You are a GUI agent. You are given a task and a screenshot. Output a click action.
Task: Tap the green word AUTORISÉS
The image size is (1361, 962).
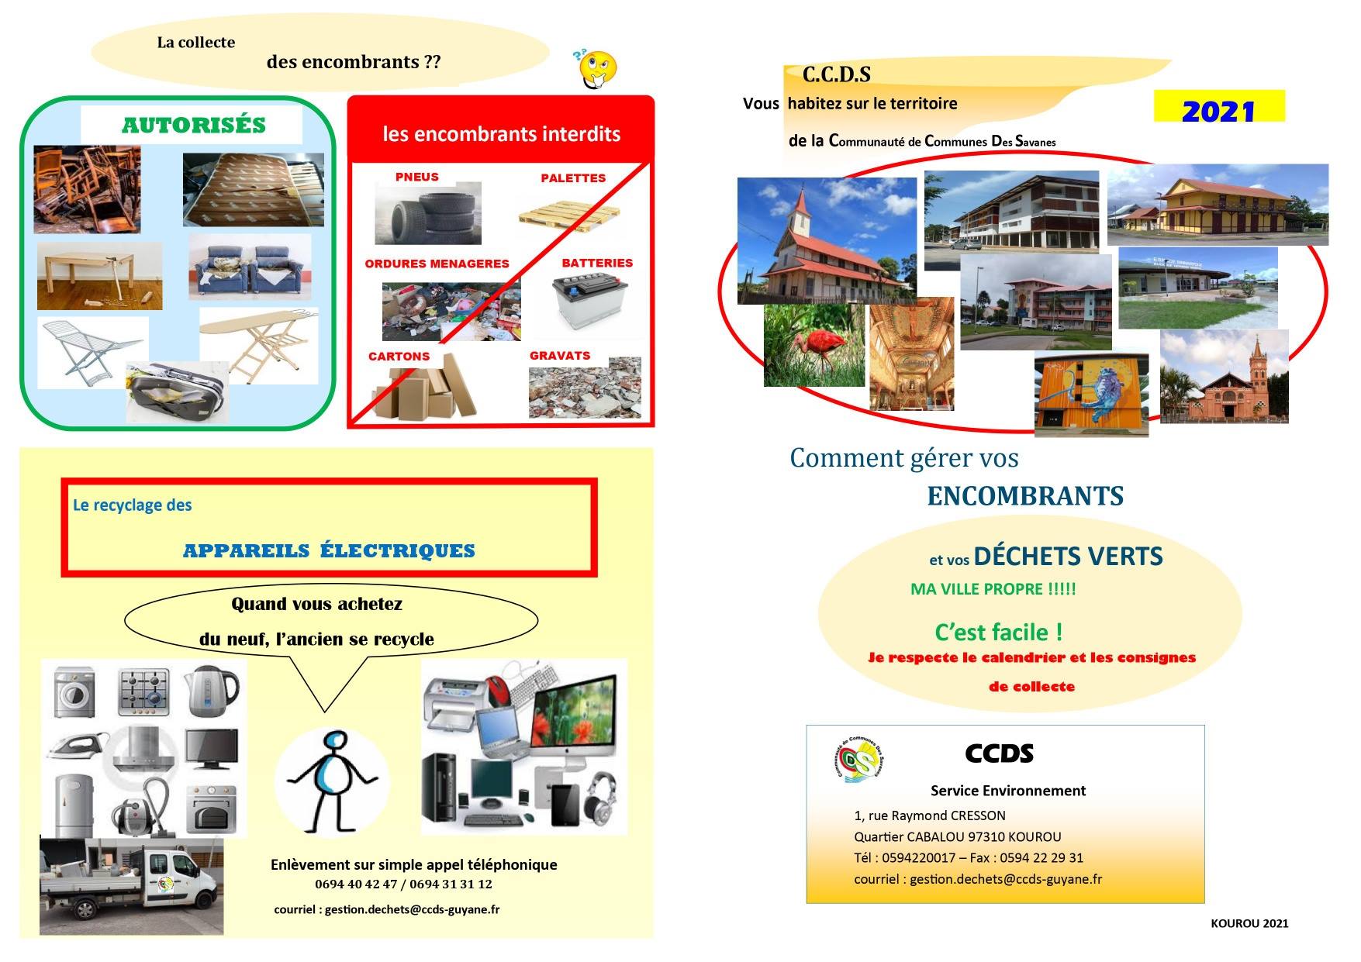tap(194, 125)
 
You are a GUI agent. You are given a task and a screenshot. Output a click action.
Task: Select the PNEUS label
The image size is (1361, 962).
tap(417, 177)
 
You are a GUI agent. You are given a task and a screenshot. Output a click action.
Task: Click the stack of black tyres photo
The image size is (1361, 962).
tap(428, 213)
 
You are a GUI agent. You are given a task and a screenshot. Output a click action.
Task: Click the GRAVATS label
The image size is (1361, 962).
tap(560, 355)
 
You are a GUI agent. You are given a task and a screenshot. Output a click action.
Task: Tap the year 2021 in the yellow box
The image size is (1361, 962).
tap(1218, 112)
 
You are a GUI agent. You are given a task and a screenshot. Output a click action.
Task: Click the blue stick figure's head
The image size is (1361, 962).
tap(336, 743)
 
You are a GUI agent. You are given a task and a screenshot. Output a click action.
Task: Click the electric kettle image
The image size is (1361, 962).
tap(212, 691)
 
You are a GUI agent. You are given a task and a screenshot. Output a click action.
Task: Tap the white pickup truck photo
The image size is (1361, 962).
tap(131, 885)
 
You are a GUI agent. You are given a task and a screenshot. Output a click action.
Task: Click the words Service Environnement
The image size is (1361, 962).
tap(1008, 791)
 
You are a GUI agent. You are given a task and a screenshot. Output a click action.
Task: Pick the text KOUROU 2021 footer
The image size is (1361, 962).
tap(1249, 923)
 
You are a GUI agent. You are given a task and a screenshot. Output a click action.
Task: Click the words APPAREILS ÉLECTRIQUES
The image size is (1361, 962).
tap(329, 550)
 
